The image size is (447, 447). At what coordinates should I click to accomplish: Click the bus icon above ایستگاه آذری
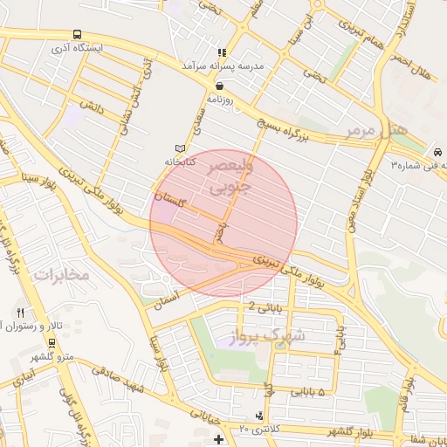tap(79, 34)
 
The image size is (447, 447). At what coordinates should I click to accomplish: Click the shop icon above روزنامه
tap(217, 86)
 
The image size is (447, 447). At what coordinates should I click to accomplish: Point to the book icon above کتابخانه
tap(181, 148)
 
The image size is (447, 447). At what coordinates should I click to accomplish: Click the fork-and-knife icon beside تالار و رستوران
tap(20, 313)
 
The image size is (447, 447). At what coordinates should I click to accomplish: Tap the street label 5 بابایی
tap(309, 392)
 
